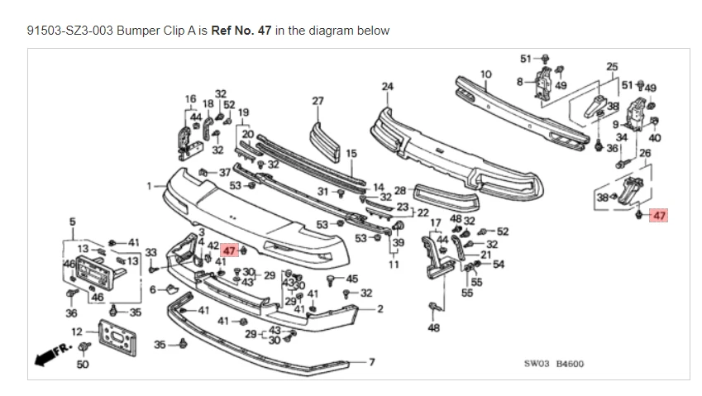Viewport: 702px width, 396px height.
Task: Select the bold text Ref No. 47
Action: (241, 31)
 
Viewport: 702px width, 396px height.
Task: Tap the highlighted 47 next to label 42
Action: (229, 250)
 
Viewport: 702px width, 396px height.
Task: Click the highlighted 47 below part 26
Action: (659, 216)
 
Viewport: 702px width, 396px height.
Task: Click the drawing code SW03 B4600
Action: (553, 363)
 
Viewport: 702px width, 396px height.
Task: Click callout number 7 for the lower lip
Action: (371, 362)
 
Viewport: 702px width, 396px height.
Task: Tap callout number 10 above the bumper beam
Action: (486, 75)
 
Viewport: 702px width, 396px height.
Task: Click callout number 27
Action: (318, 101)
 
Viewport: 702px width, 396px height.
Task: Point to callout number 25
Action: (612, 66)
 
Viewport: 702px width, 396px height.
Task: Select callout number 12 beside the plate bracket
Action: (76, 331)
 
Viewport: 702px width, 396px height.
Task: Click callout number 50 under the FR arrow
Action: (82, 365)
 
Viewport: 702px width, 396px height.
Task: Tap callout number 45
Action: (352, 279)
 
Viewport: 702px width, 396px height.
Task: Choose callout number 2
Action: (380, 309)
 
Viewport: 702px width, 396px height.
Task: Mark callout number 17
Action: (436, 223)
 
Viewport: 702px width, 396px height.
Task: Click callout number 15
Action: (351, 153)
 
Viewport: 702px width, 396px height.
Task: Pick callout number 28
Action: (399, 190)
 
